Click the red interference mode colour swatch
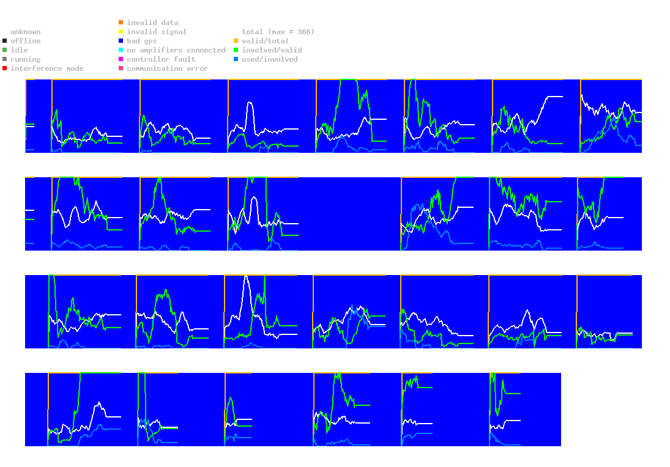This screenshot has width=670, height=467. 5,68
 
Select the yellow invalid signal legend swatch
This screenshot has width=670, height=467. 121,32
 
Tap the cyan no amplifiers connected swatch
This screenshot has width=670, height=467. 121,50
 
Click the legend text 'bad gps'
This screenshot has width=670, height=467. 142,41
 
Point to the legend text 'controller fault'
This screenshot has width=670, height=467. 161,59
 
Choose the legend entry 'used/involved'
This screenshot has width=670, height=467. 270,59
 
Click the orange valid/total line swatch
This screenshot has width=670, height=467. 236,41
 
